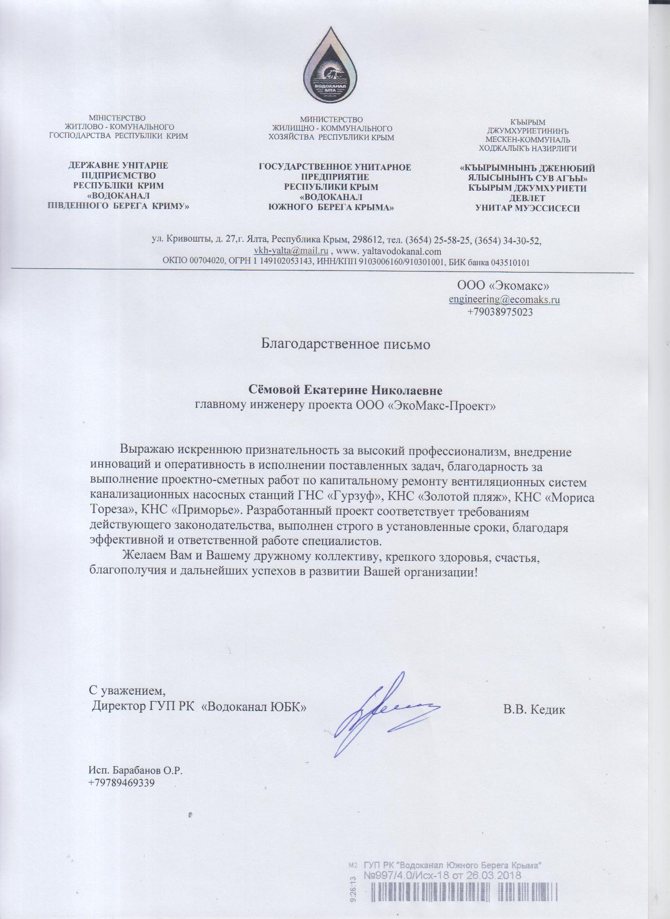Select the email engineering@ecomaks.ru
504,300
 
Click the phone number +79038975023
500,312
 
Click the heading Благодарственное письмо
346,344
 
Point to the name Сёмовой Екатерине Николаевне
345,391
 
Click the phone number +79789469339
121,783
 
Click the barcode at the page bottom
462,901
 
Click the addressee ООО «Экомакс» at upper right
503,286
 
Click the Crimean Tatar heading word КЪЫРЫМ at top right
528,123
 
